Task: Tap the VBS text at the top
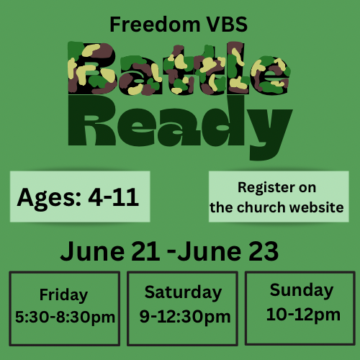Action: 224,24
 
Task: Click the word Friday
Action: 63,294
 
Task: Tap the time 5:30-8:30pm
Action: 65,317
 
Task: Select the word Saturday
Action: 183,292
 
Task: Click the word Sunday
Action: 301,291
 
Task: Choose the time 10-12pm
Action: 301,314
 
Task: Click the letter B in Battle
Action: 91,69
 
